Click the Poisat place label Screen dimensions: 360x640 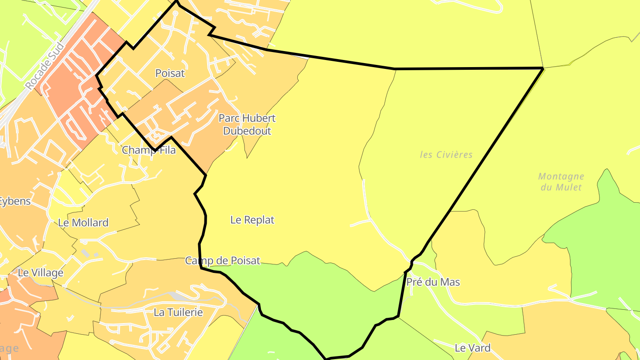pyautogui.click(x=170, y=73)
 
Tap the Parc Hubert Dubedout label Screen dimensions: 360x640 pyautogui.click(x=247, y=124)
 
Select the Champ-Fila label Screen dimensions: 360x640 pyautogui.click(x=149, y=150)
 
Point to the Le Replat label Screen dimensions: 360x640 pyautogui.click(x=252, y=220)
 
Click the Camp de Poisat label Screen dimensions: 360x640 pyautogui.click(x=222, y=261)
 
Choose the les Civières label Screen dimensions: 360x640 pyautogui.click(x=446, y=155)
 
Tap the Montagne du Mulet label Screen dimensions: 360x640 pyautogui.click(x=561, y=182)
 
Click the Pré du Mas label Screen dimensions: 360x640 pyautogui.click(x=433, y=282)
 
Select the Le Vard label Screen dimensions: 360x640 pyautogui.click(x=472, y=348)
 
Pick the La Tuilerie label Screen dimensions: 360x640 pyautogui.click(x=178, y=312)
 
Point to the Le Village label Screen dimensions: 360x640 pyautogui.click(x=40, y=273)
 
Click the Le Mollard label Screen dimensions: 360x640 pyautogui.click(x=83, y=223)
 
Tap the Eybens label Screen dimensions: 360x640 pyautogui.click(x=14, y=201)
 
